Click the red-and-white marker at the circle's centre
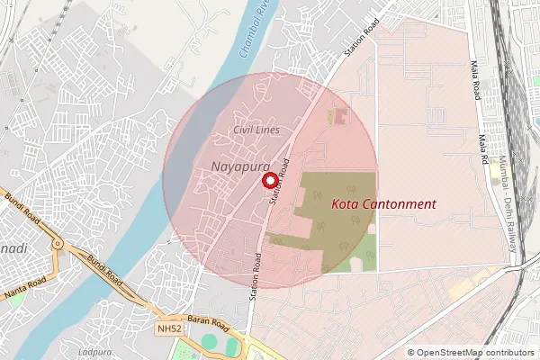click(269, 180)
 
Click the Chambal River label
click(256, 36)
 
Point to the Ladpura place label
click(94, 351)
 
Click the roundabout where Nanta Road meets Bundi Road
click(58, 243)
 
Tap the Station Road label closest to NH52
click(256, 275)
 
